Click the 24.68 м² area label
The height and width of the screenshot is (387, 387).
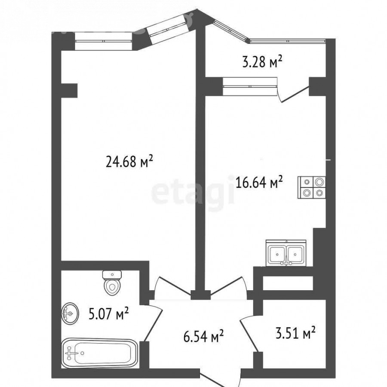click(x=129, y=162)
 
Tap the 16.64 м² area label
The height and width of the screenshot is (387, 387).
click(x=259, y=182)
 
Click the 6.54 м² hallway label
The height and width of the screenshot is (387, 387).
click(x=204, y=337)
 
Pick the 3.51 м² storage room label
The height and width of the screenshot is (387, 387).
click(x=295, y=333)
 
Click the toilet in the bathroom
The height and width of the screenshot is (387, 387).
click(x=112, y=283)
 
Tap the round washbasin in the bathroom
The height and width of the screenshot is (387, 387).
click(x=70, y=314)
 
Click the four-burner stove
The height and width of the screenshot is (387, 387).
click(x=312, y=187)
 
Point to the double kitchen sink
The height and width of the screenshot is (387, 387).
click(x=286, y=253)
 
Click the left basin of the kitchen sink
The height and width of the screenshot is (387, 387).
click(x=277, y=255)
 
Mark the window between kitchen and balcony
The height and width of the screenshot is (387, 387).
click(x=250, y=86)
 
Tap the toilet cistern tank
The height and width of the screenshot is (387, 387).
click(x=112, y=274)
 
